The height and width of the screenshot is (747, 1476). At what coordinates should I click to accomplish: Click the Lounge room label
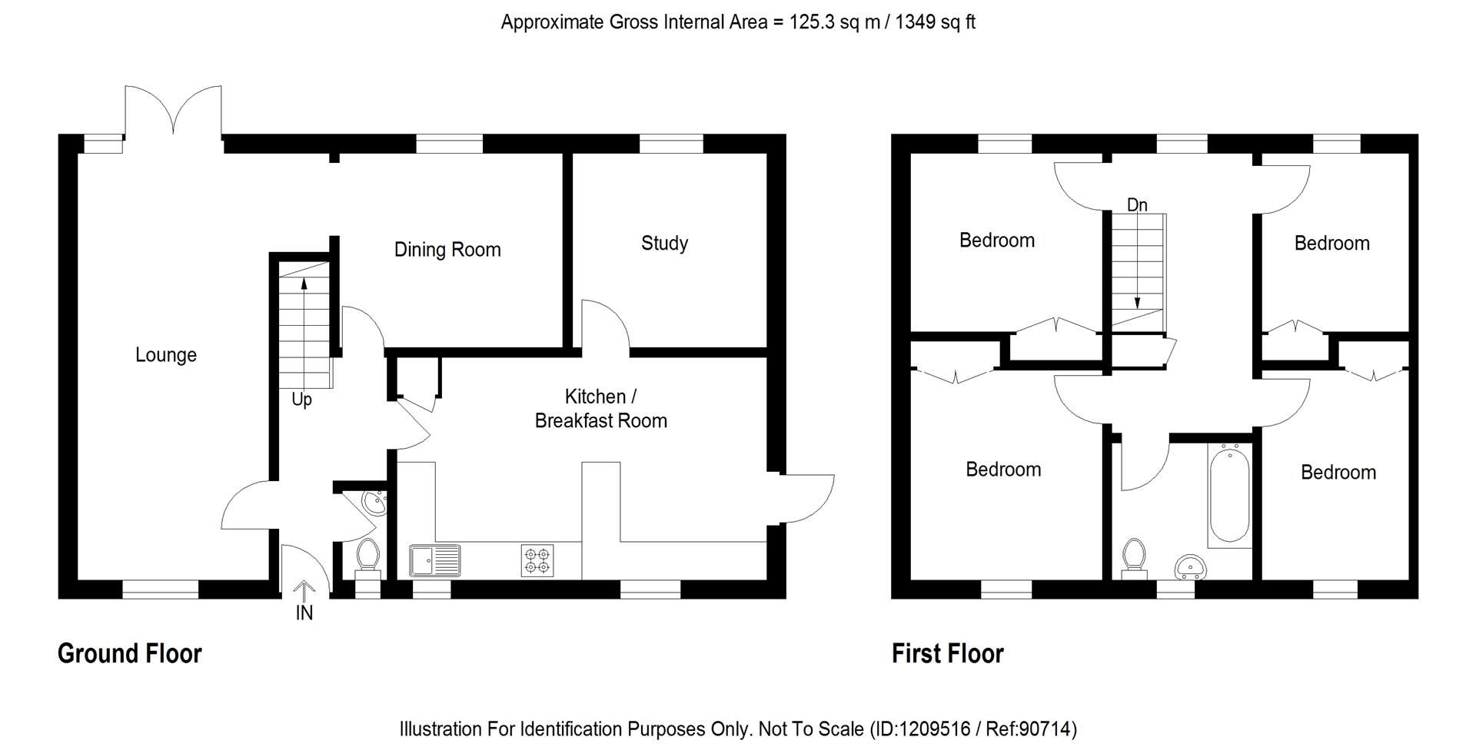pyautogui.click(x=166, y=355)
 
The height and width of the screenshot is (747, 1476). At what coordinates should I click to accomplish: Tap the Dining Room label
pyautogui.click(x=447, y=250)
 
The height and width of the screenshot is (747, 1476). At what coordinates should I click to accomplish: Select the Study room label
pyautogui.click(x=664, y=244)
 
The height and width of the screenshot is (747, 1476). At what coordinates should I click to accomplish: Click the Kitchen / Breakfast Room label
pyautogui.click(x=600, y=409)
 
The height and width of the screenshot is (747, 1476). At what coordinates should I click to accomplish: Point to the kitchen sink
pyautogui.click(x=435, y=560)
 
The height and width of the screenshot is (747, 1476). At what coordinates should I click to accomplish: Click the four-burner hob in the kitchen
pyautogui.click(x=537, y=561)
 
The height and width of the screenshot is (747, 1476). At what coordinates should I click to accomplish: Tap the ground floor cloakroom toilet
pyautogui.click(x=368, y=557)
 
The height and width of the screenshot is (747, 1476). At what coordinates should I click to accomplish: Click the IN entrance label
pyautogui.click(x=304, y=613)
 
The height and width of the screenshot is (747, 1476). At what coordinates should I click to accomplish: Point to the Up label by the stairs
pyautogui.click(x=301, y=400)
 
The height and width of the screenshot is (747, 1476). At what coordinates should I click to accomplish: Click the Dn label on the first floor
pyautogui.click(x=1137, y=204)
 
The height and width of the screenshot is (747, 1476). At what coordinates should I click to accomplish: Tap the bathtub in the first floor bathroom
pyautogui.click(x=1229, y=496)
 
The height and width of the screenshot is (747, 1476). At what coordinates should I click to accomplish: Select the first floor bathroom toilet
pyautogui.click(x=1134, y=559)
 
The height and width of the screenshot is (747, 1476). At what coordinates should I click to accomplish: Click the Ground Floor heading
pyautogui.click(x=129, y=654)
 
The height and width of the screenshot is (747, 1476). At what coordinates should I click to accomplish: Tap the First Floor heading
pyautogui.click(x=947, y=654)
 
